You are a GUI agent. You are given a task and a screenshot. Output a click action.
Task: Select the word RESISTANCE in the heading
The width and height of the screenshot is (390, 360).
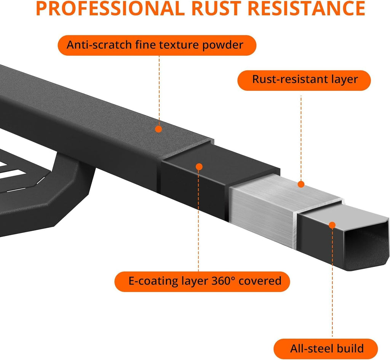pos(307,8)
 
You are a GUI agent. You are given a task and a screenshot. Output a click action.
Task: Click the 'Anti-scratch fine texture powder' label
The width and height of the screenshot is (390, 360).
pos(157,45)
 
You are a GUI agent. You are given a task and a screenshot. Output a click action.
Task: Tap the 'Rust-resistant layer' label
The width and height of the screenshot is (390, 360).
pos(304,80)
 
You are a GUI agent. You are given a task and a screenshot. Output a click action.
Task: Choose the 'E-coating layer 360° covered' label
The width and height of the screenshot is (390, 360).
pos(202,282)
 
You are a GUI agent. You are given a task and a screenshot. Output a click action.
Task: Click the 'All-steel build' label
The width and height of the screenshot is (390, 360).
pos(326,349)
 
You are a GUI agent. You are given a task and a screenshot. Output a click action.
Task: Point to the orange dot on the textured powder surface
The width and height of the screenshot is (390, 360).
pos(158,129)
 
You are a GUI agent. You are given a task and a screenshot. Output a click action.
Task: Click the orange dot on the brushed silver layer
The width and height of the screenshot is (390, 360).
pos(301,184)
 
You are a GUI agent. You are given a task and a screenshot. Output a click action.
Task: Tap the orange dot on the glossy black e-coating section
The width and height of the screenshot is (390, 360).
pos(199,167)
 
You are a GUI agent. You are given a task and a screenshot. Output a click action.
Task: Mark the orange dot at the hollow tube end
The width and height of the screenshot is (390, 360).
pos(332,226)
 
